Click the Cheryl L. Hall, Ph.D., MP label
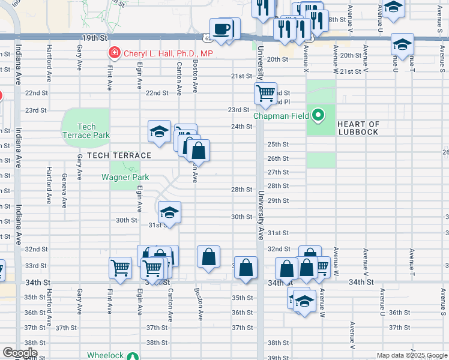[168, 53]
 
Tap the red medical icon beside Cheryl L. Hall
[113, 53]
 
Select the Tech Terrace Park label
[86, 131]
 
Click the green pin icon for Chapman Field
[319, 115]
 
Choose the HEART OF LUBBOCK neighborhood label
[358, 128]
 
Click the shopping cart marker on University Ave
[265, 94]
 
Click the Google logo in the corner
[19, 353]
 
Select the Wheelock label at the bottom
[105, 355]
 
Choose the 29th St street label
[278, 200]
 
